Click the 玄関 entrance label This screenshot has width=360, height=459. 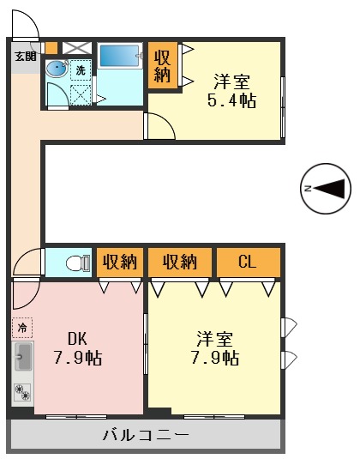[25, 57]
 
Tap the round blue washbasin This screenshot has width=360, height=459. [56, 68]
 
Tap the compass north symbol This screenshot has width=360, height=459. [327, 188]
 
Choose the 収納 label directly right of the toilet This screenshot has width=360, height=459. [119, 263]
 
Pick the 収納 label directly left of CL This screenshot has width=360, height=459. [181, 263]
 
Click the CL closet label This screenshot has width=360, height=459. [247, 263]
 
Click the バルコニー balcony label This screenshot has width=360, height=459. [146, 435]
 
